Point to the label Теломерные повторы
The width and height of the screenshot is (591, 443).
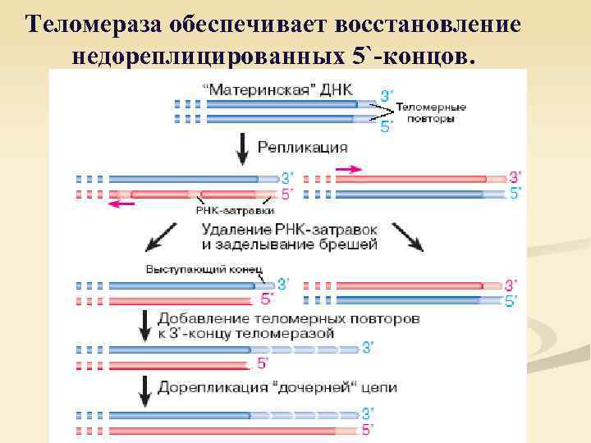(x=431, y=113)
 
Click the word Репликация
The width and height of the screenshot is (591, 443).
(x=302, y=148)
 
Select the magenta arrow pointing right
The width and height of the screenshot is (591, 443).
(x=347, y=168)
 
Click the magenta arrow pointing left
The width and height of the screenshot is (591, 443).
(x=122, y=204)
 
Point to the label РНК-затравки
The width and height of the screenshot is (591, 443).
(x=235, y=210)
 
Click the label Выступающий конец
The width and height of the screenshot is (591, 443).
(x=204, y=268)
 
